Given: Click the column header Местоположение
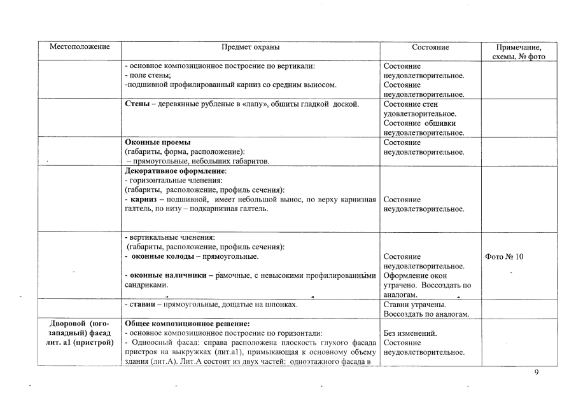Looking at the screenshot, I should [x=80, y=47].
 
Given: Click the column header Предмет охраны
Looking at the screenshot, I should [x=250, y=47].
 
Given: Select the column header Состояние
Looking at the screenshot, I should [x=430, y=47].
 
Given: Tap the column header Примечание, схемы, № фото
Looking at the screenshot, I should [x=519, y=52].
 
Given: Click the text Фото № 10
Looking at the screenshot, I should [x=504, y=256].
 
